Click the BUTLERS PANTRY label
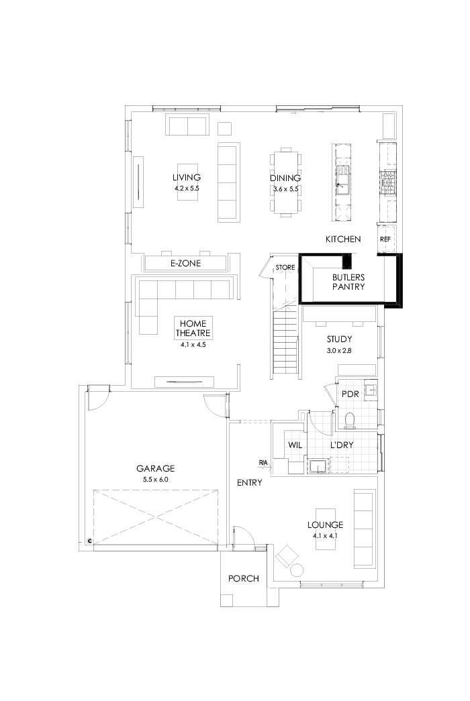pyautogui.click(x=348, y=281)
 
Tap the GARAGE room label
pyautogui.click(x=155, y=468)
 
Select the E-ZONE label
pyautogui.click(x=186, y=264)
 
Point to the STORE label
pyautogui.click(x=285, y=268)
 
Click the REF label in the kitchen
pyautogui.click(x=385, y=239)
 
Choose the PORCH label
pyautogui.click(x=243, y=578)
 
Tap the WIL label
pyautogui.click(x=295, y=445)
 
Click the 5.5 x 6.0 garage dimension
pyautogui.click(x=155, y=480)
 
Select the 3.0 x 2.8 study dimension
pyautogui.click(x=339, y=351)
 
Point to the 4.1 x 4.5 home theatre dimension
pyautogui.click(x=193, y=344)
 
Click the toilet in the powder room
pyautogui.click(x=348, y=421)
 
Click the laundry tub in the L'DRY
pyautogui.click(x=318, y=464)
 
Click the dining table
pyautogui.click(x=285, y=181)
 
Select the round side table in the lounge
pyautogui.click(x=295, y=570)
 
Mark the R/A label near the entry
pyautogui.click(x=263, y=462)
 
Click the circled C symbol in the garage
pyautogui.click(x=89, y=541)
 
